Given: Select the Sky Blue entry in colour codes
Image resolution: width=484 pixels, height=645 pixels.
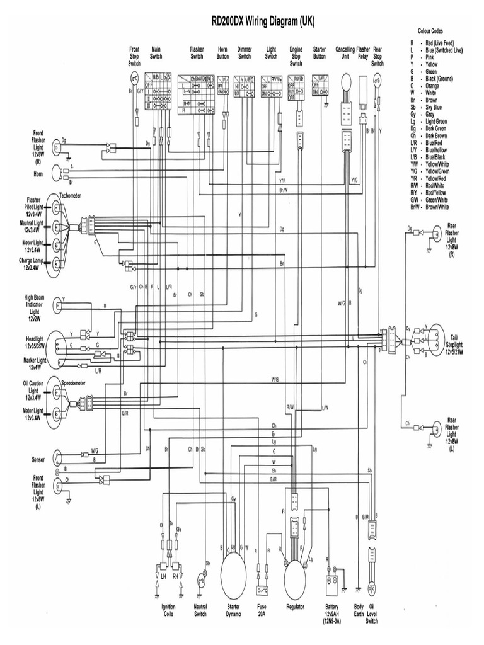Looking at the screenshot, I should tap(435, 107).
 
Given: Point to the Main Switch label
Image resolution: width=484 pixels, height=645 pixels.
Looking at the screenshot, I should tap(156, 52).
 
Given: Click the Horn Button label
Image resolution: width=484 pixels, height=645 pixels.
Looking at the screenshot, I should tap(222, 52).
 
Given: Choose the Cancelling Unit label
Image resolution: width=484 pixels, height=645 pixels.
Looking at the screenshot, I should tap(345, 52).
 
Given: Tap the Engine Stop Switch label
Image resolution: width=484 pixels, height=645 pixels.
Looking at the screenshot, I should tap(296, 56).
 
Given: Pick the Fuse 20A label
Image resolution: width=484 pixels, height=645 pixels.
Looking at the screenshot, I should tap(262, 610).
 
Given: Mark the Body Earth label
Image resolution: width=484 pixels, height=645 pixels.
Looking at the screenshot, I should tap(359, 610).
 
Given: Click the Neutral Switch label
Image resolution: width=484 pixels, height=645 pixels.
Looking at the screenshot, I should tap(200, 610).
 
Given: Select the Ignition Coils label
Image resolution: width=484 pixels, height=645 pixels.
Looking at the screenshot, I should tap(168, 610).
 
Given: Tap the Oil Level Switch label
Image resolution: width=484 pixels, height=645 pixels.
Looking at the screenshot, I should tap(372, 614).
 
